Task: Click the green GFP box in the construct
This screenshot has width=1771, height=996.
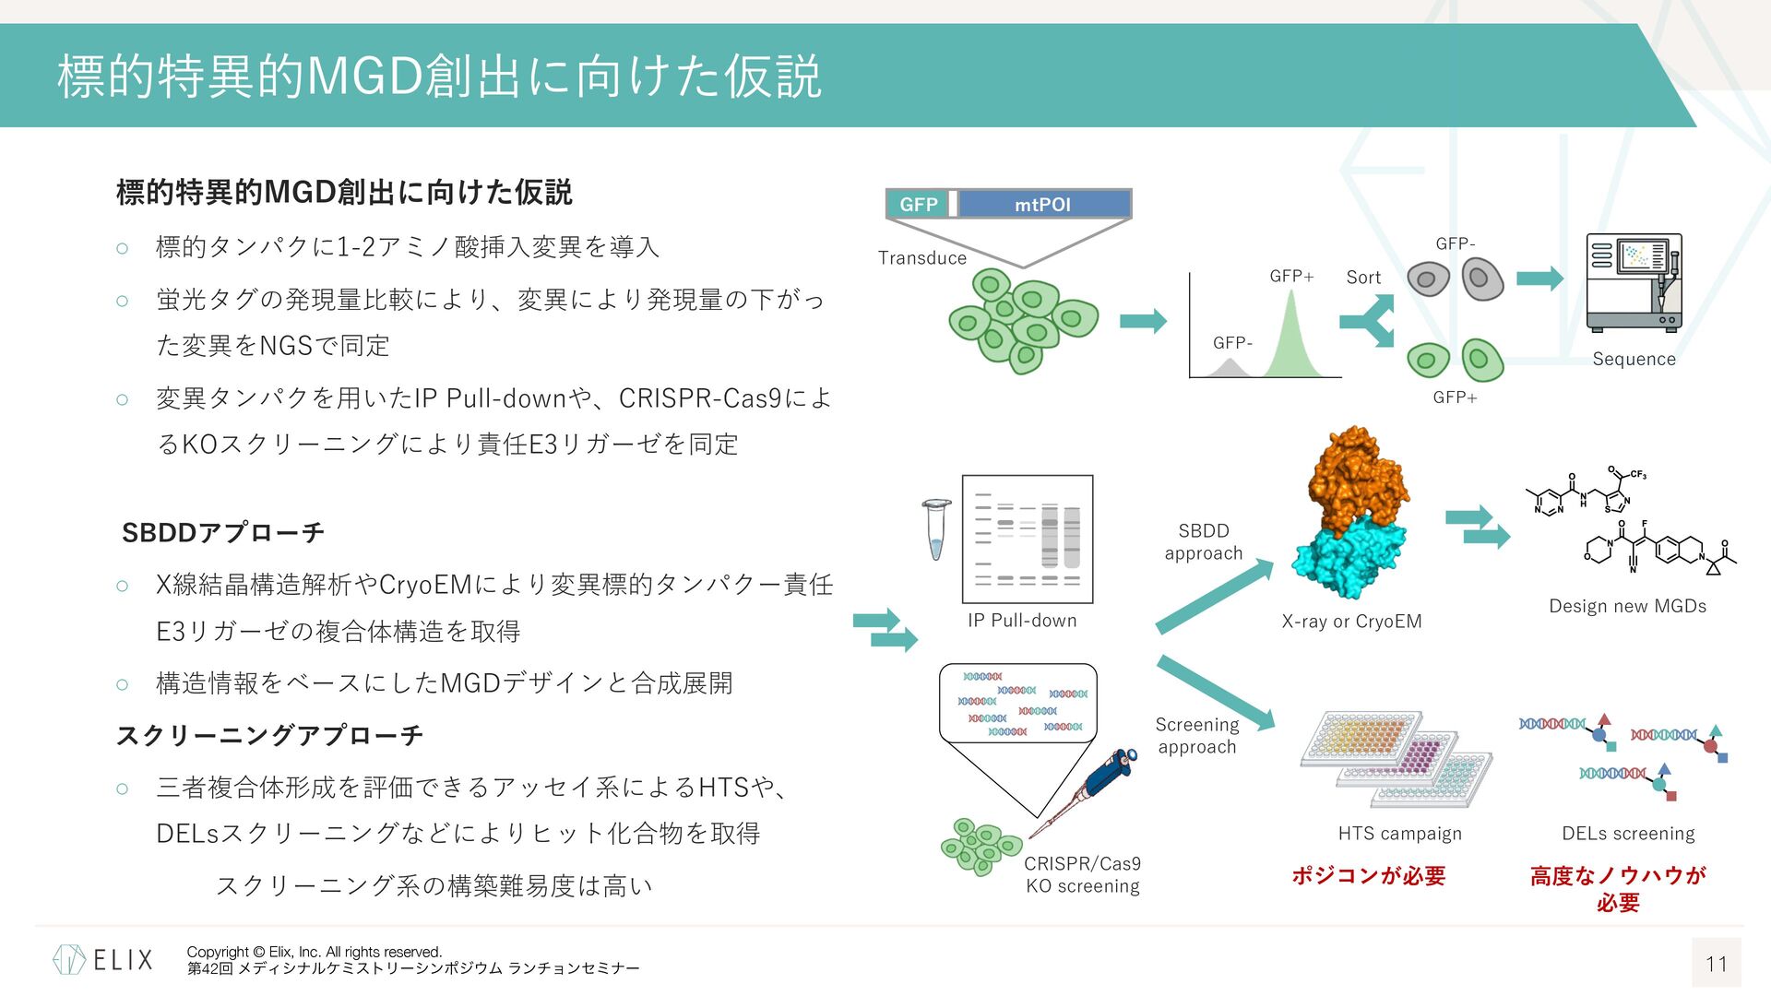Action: tap(917, 204)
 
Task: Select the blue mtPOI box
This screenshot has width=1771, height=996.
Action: tap(1043, 204)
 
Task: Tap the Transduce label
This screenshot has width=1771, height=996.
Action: tap(921, 258)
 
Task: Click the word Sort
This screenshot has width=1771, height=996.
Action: tap(1363, 278)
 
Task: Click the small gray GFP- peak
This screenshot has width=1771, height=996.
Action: tap(1228, 369)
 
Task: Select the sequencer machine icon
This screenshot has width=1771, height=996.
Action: tap(1634, 282)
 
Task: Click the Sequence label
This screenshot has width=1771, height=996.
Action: tap(1634, 360)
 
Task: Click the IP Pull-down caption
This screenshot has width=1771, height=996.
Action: tap(1022, 621)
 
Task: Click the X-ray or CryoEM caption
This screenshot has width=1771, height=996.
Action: tap(1351, 622)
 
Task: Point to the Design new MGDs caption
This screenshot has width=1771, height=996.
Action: tap(1627, 606)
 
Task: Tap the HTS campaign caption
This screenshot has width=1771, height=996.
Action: tap(1399, 834)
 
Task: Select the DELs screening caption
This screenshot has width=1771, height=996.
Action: tap(1628, 834)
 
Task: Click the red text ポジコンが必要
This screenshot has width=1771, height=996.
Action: tap(1368, 875)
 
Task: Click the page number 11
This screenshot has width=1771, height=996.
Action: tap(1716, 964)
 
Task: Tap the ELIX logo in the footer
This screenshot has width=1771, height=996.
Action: tap(103, 960)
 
